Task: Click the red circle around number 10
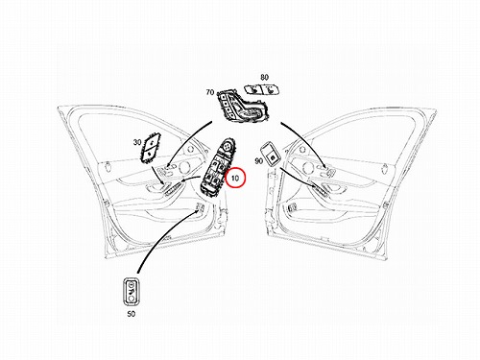pos(226,178)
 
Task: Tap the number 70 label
pos(210,92)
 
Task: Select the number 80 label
pos(264,77)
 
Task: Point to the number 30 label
pos(137,142)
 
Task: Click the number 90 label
pos(258,160)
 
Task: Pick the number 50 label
pos(132,314)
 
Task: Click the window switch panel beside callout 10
pos(216,166)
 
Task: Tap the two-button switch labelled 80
pos(262,89)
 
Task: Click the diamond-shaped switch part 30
pos(150,148)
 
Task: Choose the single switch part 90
pos(272,155)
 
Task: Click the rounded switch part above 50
pos(132,291)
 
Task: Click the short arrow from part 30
pos(158,175)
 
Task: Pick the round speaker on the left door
pos(184,168)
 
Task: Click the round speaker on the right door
pos(307,168)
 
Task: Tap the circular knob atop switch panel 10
pos(227,146)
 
